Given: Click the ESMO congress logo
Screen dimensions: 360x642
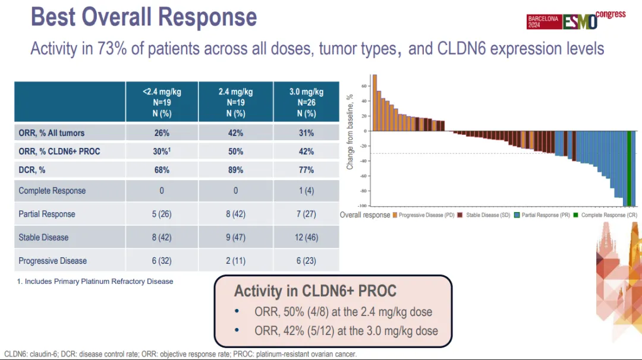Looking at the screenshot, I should [575, 20].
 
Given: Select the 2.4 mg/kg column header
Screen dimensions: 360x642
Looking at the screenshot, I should [236, 102].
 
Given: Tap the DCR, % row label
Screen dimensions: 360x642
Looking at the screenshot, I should [32, 170].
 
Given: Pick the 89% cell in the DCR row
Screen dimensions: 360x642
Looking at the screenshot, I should [236, 170].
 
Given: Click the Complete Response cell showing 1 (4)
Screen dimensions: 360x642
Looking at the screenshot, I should [306, 191].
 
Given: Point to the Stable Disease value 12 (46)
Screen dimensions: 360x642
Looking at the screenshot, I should [306, 238].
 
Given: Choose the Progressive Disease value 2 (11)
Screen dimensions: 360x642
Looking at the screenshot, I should [236, 261].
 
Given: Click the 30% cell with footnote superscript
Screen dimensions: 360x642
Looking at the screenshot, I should [162, 151].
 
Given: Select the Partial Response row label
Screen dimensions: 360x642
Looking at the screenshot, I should [47, 214].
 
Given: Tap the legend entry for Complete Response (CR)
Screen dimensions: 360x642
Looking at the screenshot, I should [606, 215].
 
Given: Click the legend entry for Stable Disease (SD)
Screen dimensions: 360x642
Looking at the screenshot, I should [484, 215].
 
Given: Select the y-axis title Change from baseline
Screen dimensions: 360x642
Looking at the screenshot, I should [350, 134].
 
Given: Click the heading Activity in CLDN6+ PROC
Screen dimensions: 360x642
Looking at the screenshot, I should [315, 291].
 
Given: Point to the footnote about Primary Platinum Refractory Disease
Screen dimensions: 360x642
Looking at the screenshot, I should [95, 282].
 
